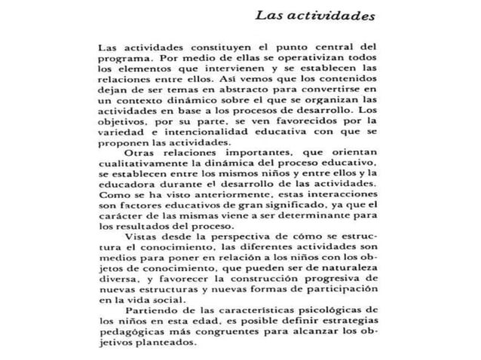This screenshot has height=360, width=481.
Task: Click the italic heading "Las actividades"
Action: [x=316, y=14]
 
